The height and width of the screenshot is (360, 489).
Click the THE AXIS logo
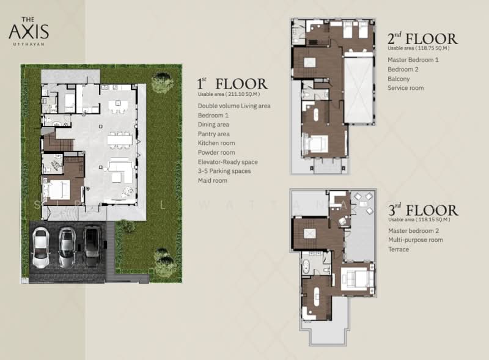[x=29, y=31]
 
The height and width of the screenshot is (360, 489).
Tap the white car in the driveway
[x=40, y=248]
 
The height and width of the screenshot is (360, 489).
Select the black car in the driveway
[x=92, y=246]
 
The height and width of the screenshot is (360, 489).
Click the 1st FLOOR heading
[x=232, y=84]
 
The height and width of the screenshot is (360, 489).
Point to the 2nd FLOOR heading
[x=422, y=39]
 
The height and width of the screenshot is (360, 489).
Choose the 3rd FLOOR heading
[x=423, y=210]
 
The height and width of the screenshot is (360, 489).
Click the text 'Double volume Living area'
[x=234, y=106]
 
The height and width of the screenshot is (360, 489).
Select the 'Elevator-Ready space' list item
[x=227, y=162]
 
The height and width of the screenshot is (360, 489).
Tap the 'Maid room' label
[x=212, y=180]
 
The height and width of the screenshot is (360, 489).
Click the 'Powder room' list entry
[x=216, y=153]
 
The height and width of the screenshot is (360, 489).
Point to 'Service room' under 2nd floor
[x=405, y=88]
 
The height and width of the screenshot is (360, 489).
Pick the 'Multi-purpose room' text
[x=416, y=240]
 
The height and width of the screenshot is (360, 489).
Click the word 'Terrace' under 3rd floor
[x=399, y=249]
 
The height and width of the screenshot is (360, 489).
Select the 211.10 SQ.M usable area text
[x=229, y=94]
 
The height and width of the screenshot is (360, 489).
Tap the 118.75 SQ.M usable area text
[x=419, y=48]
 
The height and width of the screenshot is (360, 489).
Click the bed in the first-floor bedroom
[x=57, y=189]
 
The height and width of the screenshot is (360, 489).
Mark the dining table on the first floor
[x=120, y=139]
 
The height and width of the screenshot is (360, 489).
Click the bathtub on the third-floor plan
[x=306, y=267]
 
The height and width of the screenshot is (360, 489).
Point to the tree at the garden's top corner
[x=162, y=82]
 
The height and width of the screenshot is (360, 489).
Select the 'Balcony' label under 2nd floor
[x=399, y=79]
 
